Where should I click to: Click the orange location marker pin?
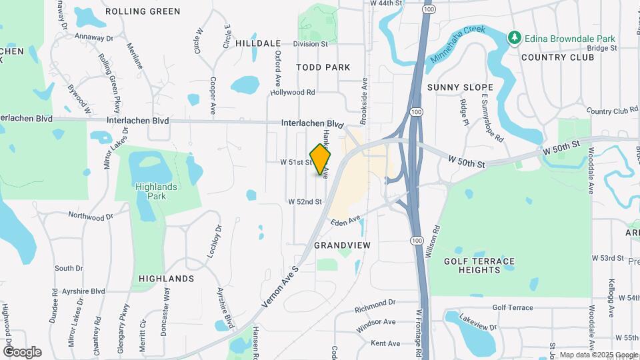point(321,159)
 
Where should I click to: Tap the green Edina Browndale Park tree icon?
point(514,37)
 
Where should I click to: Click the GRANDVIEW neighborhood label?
point(342,245)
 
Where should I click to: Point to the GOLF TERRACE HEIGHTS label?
point(480,265)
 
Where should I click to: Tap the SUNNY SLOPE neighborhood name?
point(460,87)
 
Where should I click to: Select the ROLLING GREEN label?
point(143,11)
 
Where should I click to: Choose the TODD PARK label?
point(323,67)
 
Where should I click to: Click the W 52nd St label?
point(305,201)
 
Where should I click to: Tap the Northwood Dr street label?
point(91,216)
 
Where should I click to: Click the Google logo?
point(22,351)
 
